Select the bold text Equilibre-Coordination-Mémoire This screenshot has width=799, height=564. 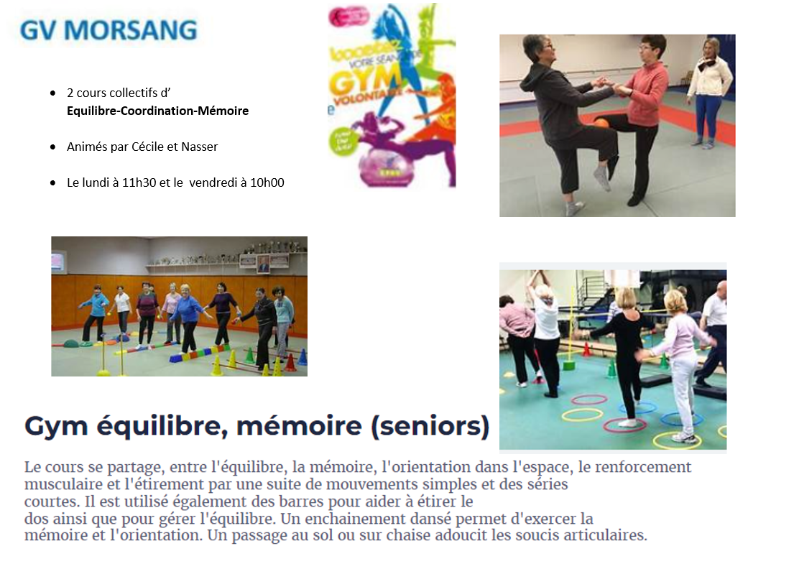(157, 111)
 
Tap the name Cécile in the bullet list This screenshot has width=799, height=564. (147, 147)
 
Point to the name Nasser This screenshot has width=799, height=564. (199, 147)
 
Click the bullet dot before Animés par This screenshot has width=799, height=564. (53, 147)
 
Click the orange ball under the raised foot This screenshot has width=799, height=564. (601, 123)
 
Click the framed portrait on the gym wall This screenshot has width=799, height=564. (263, 263)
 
